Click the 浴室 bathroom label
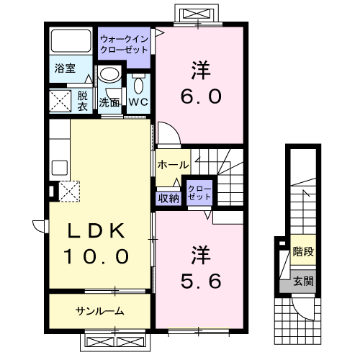(x=65, y=69)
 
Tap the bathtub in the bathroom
(x=71, y=41)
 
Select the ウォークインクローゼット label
(x=124, y=45)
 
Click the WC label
(x=138, y=102)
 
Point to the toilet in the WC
(x=139, y=84)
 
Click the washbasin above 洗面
(x=109, y=76)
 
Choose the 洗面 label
(x=109, y=102)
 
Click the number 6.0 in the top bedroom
(x=196, y=96)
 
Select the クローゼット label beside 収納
(x=199, y=192)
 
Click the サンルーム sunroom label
(x=100, y=311)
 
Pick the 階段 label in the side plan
(x=303, y=253)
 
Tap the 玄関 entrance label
(x=303, y=281)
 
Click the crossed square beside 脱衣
(x=62, y=100)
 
